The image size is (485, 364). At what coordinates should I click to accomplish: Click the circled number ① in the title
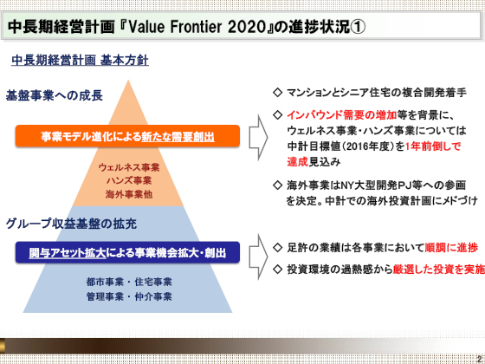[359, 27]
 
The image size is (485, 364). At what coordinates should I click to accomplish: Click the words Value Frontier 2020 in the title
[197, 27]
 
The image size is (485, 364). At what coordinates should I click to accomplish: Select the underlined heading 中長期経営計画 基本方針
[80, 61]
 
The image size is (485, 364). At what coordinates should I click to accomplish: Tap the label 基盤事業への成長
[54, 95]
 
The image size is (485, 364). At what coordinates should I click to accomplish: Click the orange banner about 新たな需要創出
[127, 136]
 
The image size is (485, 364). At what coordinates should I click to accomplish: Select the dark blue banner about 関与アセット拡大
[127, 252]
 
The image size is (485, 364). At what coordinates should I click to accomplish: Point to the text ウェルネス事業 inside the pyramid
[129, 167]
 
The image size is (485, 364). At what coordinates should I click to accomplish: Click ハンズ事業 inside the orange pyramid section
[129, 181]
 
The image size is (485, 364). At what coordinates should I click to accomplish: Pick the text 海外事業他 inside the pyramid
[129, 194]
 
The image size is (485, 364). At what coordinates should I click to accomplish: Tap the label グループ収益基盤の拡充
[71, 224]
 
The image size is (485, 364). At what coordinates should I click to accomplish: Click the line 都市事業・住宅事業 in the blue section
[129, 282]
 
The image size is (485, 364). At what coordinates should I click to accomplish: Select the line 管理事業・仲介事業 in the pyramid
[129, 296]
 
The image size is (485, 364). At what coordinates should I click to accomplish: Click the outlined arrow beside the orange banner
[258, 138]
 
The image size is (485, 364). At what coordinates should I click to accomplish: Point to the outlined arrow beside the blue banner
[258, 257]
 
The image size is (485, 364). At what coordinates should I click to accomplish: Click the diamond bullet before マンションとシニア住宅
[277, 92]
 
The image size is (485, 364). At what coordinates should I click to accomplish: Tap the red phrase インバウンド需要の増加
[342, 114]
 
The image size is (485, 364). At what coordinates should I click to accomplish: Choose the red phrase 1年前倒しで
[433, 146]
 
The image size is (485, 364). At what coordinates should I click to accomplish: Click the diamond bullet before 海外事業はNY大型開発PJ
[277, 185]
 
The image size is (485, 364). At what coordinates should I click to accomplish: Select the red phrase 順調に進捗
[451, 247]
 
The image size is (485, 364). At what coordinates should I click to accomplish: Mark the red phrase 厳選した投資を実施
[438, 270]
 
